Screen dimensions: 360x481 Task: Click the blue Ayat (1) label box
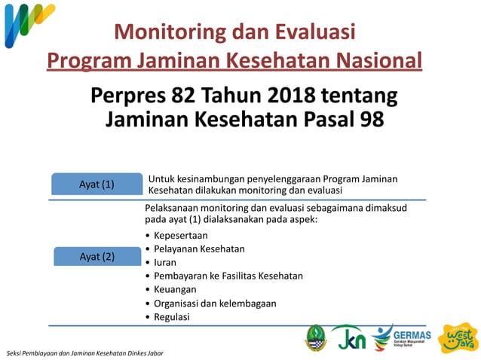[x=97, y=184]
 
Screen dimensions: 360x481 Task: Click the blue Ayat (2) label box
[x=97, y=256]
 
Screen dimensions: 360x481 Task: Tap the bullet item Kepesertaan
[x=181, y=235]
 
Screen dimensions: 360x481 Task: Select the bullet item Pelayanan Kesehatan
[x=199, y=249]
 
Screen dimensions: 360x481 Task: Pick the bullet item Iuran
[x=166, y=262]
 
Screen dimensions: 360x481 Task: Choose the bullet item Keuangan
[x=175, y=289]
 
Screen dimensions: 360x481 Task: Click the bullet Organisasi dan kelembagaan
[x=215, y=303]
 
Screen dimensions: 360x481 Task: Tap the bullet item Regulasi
[x=172, y=316]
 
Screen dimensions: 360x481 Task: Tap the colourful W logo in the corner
[x=27, y=24]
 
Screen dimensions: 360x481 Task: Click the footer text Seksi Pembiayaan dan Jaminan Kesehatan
[x=83, y=353]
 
